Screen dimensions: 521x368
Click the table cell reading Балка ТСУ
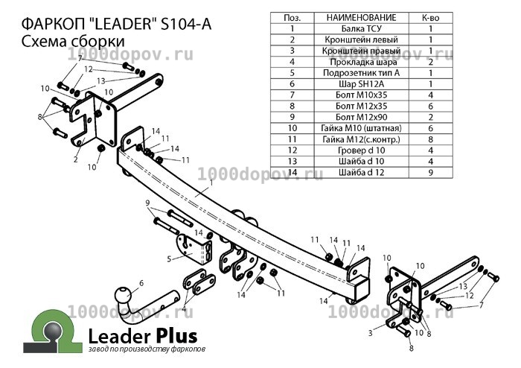[361, 28]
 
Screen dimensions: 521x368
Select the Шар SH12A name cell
[361, 83]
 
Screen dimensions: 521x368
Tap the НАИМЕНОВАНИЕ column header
[361, 18]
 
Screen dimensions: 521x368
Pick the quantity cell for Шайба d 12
[431, 172]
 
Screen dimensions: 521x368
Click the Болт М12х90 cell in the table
[361, 117]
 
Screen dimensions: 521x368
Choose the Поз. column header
[293, 18]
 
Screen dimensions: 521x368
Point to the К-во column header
[431, 18]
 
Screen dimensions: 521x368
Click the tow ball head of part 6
[124, 295]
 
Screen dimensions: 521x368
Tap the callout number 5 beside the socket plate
[170, 258]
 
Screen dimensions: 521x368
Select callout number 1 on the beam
[211, 183]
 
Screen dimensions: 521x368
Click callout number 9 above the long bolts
[148, 203]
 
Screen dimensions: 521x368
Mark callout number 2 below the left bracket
[76, 159]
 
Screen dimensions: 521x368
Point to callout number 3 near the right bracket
[371, 332]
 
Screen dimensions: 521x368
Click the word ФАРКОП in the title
[54, 25]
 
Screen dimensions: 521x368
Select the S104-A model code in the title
[186, 25]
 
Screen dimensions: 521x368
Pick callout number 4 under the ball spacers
[184, 308]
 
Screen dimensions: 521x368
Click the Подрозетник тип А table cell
[361, 73]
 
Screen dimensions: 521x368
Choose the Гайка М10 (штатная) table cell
[361, 128]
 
